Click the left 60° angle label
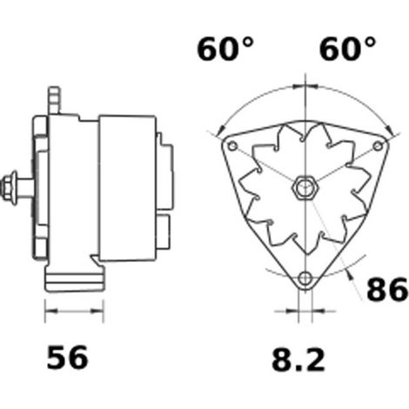pyautogui.click(x=225, y=49)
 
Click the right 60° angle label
pyautogui.click(x=347, y=49)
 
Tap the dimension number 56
pyautogui.click(x=67, y=358)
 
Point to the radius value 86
pyautogui.click(x=387, y=288)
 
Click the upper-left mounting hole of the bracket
pyautogui.click(x=232, y=145)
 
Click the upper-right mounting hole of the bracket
pyautogui.click(x=378, y=145)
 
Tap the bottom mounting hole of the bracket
pyautogui.click(x=305, y=278)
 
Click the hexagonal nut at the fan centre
pyautogui.click(x=305, y=188)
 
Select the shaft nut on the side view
pyautogui.click(x=9, y=189)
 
